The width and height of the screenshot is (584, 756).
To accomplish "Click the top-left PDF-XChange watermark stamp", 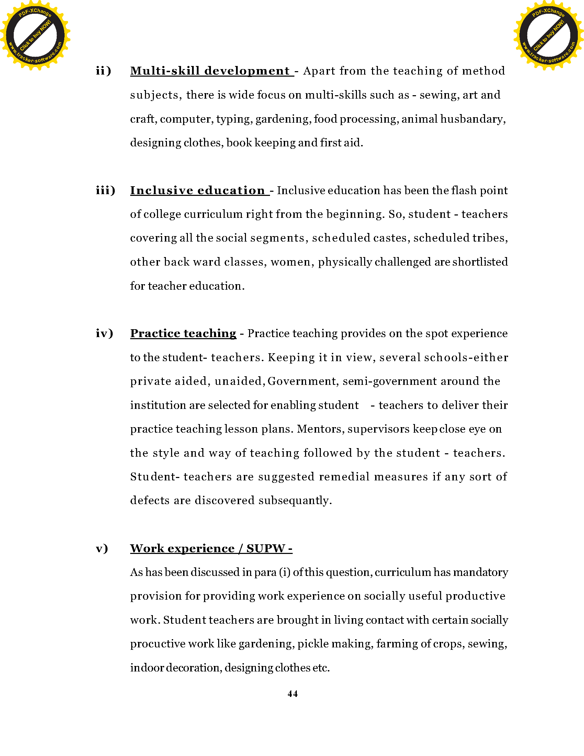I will pos(35,35).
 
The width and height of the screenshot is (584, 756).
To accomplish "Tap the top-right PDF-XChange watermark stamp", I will pos(548,35).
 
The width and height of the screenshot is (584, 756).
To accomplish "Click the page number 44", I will pos(292,693).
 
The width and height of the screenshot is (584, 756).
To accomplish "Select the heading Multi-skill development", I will pos(210,71).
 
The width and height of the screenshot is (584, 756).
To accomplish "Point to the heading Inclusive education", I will pos(198,190).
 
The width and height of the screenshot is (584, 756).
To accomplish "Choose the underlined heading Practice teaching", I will pos(183,333).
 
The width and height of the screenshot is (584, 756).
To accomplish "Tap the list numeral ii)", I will pos(103,71).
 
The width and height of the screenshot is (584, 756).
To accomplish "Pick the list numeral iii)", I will pos(105,190).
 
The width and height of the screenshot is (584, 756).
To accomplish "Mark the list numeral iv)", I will pos(104,333).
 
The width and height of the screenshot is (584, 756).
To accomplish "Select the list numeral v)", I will pos(102,548).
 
